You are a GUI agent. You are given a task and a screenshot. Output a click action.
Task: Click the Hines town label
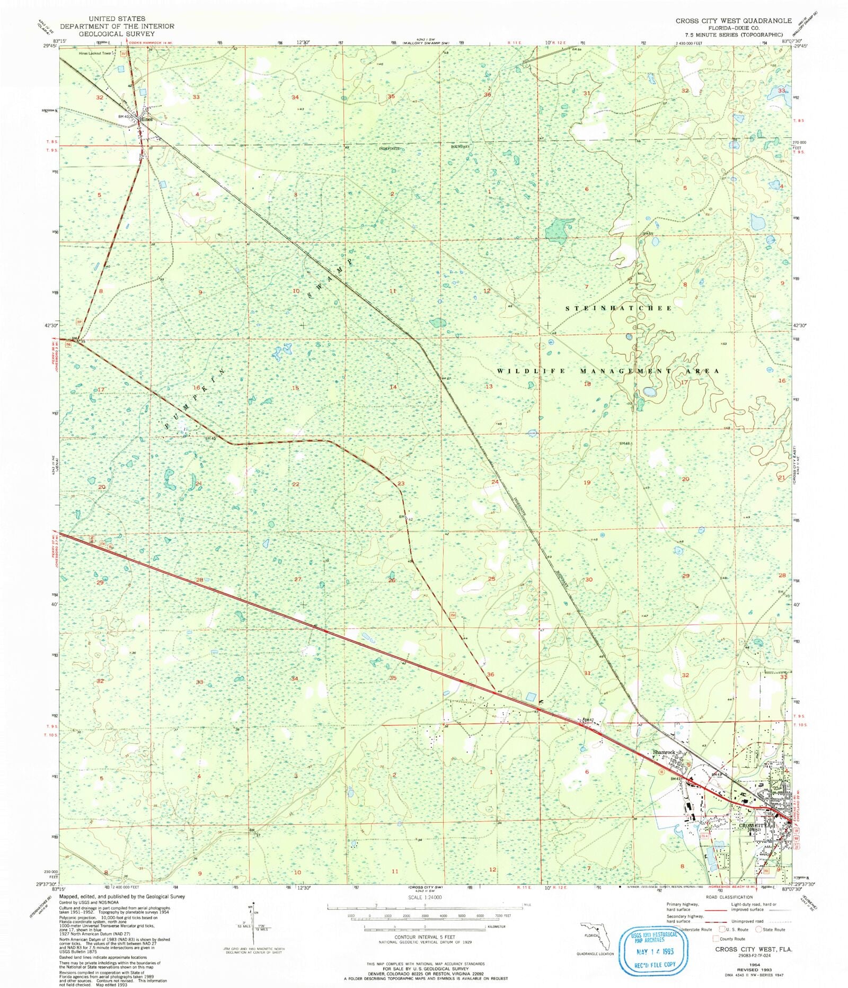tap(146, 120)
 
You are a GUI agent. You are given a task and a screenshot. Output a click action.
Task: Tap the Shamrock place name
tap(664, 752)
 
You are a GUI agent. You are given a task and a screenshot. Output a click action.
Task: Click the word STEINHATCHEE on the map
tap(619, 308)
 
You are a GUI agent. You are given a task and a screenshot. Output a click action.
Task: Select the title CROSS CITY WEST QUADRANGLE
tap(733, 21)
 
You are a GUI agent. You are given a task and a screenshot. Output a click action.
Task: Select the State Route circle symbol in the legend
tap(759, 929)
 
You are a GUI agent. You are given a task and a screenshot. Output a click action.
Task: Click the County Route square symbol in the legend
tap(715, 938)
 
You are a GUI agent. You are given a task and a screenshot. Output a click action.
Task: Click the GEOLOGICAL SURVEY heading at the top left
tap(117, 33)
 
